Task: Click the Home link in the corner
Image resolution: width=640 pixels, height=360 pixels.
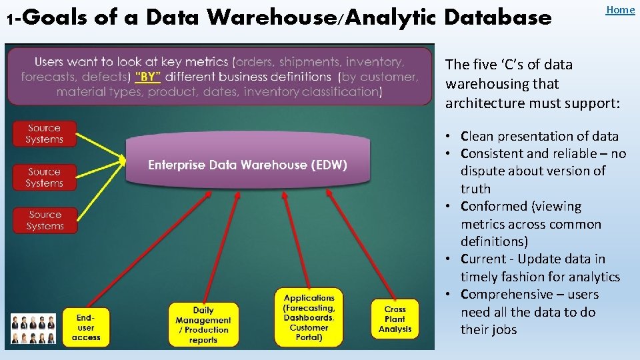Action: click(x=620, y=9)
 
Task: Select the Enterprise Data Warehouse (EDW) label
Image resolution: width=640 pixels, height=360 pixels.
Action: click(x=247, y=165)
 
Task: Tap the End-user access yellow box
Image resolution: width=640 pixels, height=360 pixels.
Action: click(x=86, y=327)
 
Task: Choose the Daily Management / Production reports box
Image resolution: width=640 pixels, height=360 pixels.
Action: click(x=203, y=325)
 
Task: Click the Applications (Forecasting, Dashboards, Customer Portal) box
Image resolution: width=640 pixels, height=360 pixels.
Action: click(x=309, y=317)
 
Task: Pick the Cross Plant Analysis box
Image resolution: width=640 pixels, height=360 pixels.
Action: click(x=395, y=319)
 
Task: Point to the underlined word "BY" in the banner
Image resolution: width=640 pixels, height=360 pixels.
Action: click(x=148, y=77)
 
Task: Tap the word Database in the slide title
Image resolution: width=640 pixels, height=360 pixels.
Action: click(x=498, y=17)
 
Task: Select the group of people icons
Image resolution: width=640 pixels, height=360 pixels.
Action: click(x=33, y=329)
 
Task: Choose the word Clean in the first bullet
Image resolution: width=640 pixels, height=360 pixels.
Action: click(x=477, y=136)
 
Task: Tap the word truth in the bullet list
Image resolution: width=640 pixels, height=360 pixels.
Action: click(x=475, y=189)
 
